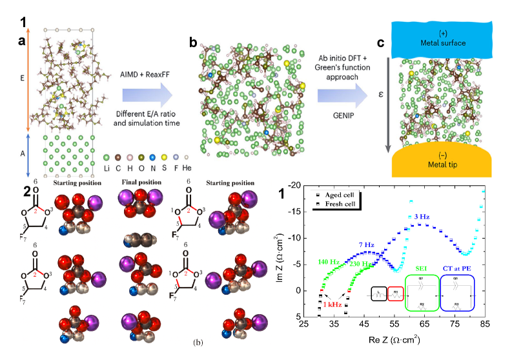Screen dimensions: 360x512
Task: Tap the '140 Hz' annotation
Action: [328, 263]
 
